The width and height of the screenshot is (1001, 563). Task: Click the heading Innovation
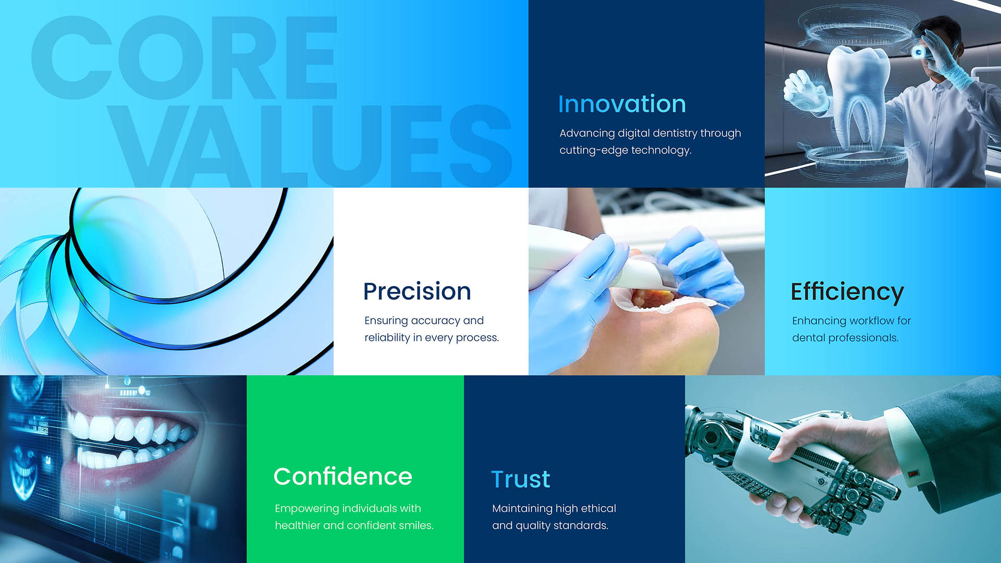[622, 104]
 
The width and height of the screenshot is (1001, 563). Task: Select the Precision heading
[417, 291]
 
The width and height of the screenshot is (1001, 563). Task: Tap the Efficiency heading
[847, 292]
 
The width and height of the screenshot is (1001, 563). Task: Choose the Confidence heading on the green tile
[343, 476]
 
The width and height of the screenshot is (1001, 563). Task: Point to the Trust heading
[521, 479]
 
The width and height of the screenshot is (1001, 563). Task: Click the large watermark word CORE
[184, 57]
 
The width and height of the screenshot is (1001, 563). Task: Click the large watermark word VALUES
[312, 145]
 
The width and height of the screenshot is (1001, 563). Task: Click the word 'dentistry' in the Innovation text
[675, 133]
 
